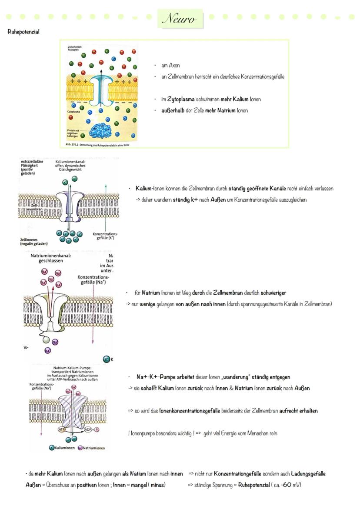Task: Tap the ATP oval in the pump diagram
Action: click(61, 429)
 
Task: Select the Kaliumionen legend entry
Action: click(61, 448)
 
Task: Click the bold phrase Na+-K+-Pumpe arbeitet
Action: click(163, 377)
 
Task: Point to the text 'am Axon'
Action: click(170, 66)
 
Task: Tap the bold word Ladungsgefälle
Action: click(308, 473)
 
